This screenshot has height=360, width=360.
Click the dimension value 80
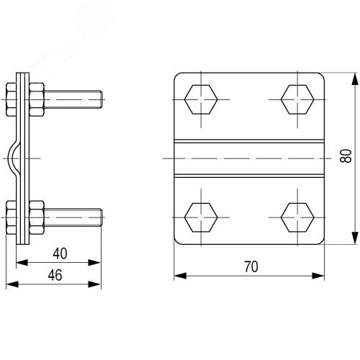[x=346, y=156]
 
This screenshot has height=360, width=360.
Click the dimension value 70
[x=251, y=266]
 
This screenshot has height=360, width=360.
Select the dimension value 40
[x=60, y=253]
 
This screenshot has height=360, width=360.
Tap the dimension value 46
[x=55, y=275]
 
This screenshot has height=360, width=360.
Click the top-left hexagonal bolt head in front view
[x=201, y=99]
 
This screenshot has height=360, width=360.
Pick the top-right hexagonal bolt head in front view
[x=297, y=99]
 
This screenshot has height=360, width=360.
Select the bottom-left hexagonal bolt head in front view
[x=201, y=217]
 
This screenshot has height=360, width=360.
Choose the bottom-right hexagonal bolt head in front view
[x=297, y=217]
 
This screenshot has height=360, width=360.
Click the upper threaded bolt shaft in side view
[x=73, y=99]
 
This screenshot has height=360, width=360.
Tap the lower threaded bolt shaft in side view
[x=73, y=217]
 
